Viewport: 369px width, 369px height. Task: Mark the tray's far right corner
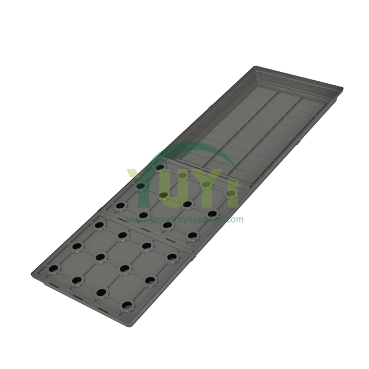pyautogui.click(x=342, y=89)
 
